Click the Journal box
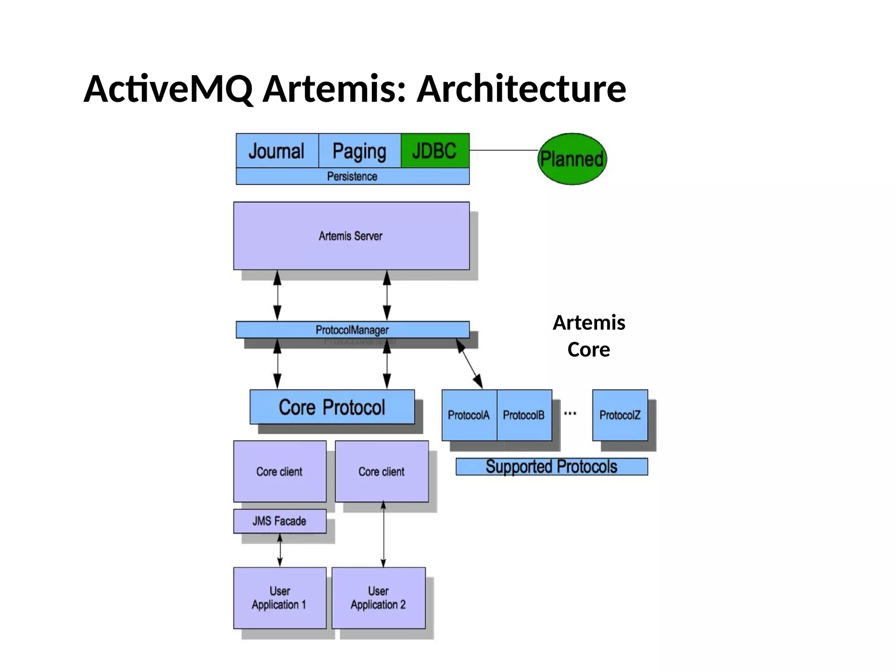(276, 150)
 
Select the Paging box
(359, 150)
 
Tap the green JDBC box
(435, 150)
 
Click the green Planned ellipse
(572, 159)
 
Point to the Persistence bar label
(352, 176)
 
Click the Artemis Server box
(351, 236)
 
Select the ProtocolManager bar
(352, 330)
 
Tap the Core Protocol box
(332, 407)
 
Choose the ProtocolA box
(469, 415)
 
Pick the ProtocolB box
(524, 415)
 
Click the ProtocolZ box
(620, 415)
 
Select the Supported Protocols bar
(551, 466)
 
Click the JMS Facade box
(280, 521)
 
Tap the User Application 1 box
(280, 598)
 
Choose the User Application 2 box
(378, 598)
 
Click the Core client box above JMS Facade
(280, 471)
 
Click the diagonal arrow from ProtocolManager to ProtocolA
(469, 364)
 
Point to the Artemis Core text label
(589, 336)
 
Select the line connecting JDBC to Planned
(503, 150)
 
